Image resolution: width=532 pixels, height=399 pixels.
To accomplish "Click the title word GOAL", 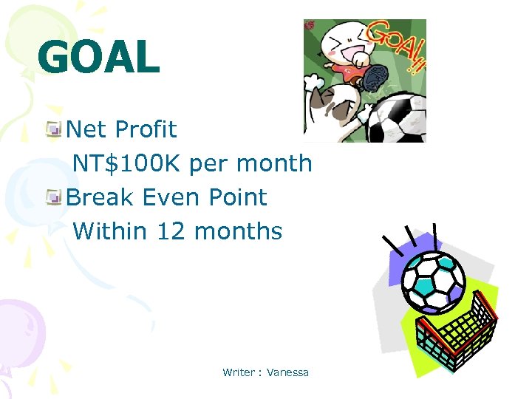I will pos(98,57).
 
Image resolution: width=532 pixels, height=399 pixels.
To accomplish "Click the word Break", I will pos(99,197).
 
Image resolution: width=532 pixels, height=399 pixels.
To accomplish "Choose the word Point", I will pos(237,197).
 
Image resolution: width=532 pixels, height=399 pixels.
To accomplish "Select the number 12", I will pos(171,231).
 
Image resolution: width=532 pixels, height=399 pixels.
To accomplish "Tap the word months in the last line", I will pos(239,231).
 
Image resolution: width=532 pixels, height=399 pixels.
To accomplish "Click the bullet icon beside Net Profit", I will pos(53,131).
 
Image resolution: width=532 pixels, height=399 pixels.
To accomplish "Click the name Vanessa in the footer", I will pos(288,372).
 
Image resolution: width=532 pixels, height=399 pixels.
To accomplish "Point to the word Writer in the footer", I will pos(239,372).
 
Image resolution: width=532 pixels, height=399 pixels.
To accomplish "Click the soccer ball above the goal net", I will pos(432,282).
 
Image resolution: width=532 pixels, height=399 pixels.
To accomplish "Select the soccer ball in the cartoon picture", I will pos(398,118).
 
